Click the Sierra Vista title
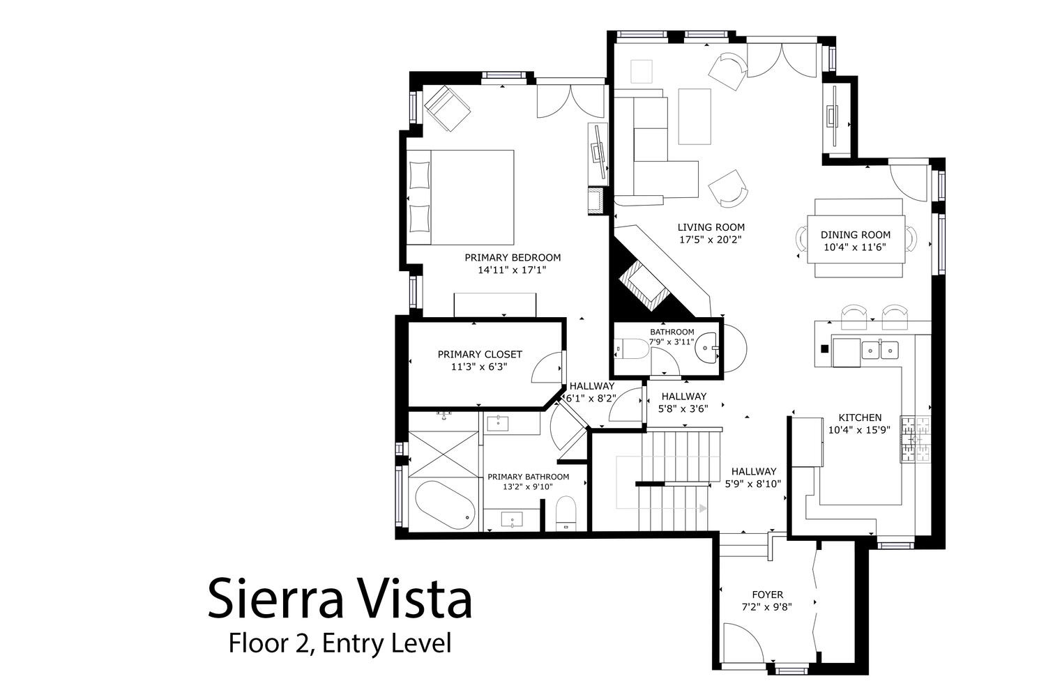[340, 598]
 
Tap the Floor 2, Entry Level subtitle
[340, 643]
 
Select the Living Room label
[711, 227]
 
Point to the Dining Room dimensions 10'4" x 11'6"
[854, 247]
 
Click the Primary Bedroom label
[513, 257]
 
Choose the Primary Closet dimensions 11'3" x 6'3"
[479, 367]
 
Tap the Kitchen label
[860, 418]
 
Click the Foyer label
[767, 595]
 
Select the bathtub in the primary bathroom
[445, 505]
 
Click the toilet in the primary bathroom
[566, 513]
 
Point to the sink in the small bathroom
[706, 348]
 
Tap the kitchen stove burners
[915, 439]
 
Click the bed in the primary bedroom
[460, 197]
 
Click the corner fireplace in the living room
[644, 286]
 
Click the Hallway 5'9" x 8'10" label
[752, 477]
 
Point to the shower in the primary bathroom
[444, 454]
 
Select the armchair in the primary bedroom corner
[447, 108]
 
